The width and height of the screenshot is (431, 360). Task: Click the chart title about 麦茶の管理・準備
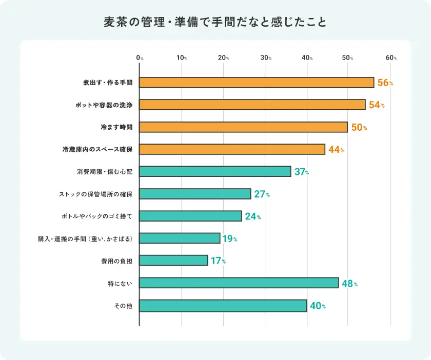tap(215, 23)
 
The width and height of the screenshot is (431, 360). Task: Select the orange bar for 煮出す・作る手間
tap(257, 83)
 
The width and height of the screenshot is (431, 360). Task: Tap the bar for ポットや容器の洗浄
tap(252, 105)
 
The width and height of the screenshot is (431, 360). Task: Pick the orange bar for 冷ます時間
tap(243, 127)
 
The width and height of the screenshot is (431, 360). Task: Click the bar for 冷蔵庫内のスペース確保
tap(232, 149)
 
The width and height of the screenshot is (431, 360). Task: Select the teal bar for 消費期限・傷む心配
tap(215, 171)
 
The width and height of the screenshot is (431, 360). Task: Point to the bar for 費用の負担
tap(173, 261)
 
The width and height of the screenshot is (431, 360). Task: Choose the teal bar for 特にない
tap(239, 283)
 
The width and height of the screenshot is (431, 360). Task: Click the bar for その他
tap(223, 306)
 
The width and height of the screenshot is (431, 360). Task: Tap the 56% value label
tap(385, 83)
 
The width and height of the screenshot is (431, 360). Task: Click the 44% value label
tap(336, 150)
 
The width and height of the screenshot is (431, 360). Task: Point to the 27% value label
tap(262, 194)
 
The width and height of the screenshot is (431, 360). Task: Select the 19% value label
tap(230, 239)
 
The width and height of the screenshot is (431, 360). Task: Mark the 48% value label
tap(349, 284)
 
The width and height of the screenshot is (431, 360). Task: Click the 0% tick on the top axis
tap(140, 58)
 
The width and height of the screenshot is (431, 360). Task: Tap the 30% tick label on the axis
tap(266, 58)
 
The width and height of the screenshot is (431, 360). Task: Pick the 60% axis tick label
tap(391, 58)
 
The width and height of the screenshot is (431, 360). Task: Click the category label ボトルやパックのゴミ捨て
tap(96, 216)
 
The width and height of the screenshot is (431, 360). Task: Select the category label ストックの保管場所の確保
tap(96, 194)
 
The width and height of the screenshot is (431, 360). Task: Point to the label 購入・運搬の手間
tap(85, 238)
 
